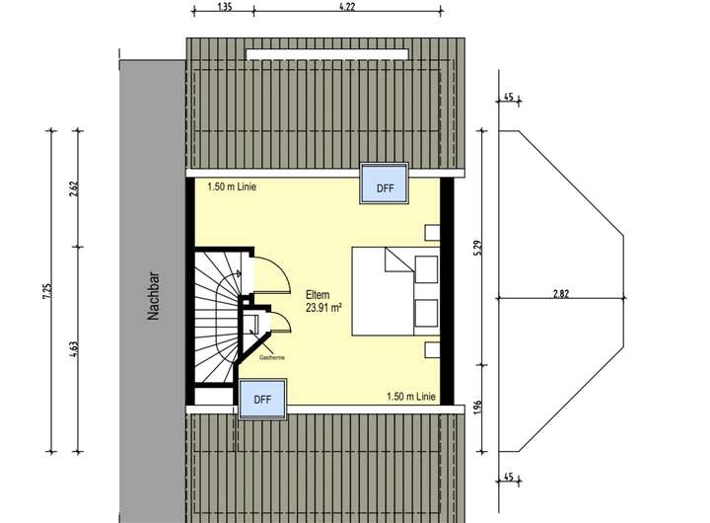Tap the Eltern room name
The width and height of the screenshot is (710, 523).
(x=318, y=293)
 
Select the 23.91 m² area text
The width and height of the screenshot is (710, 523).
(x=322, y=307)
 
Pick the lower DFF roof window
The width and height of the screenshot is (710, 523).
(x=262, y=400)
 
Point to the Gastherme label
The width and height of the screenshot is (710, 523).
(x=272, y=358)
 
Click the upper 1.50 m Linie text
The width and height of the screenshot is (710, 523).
(x=232, y=186)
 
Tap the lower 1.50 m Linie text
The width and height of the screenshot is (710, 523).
(x=411, y=397)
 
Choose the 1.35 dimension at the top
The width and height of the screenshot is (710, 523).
(x=224, y=7)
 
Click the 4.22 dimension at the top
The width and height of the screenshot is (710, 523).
(x=346, y=7)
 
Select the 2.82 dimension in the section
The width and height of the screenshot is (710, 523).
(x=562, y=293)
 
